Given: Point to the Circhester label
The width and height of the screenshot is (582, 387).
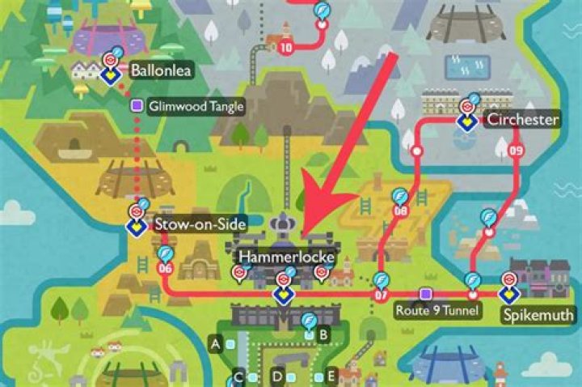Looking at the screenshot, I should pos(522,121).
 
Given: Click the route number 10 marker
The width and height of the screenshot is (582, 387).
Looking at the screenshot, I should pos(286,47).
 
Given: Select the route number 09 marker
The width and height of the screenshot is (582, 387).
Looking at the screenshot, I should pos(517,150).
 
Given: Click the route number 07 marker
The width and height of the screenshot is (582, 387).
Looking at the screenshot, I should pos(382,295).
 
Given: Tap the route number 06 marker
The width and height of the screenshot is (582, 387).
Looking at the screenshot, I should pos(165,268).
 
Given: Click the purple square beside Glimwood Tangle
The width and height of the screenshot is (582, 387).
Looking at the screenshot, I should pos(137,105).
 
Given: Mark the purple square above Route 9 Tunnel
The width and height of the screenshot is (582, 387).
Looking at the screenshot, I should pos(425,293).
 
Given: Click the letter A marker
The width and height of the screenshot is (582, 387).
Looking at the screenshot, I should pos(216,344).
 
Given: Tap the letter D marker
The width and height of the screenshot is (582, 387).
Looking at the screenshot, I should pos(277,376).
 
